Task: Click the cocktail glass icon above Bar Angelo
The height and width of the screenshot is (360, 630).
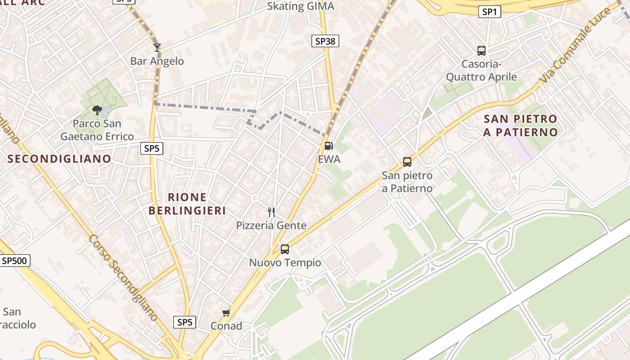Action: (157, 47)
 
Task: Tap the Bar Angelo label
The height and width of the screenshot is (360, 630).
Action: (157, 61)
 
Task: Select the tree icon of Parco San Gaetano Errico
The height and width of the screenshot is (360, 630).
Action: (97, 110)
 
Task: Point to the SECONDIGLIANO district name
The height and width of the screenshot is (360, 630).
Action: (59, 158)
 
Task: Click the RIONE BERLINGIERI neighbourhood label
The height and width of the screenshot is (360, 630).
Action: (187, 204)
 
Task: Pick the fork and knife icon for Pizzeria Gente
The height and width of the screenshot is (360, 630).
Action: (271, 212)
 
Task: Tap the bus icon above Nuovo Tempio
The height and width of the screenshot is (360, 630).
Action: (284, 249)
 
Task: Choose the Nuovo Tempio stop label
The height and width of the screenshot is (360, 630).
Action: (285, 263)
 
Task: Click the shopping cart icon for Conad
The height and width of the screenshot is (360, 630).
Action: (226, 313)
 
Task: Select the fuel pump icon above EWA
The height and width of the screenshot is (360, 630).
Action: (329, 145)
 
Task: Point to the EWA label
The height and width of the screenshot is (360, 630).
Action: (329, 159)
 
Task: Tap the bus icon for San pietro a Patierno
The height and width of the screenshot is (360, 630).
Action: (407, 162)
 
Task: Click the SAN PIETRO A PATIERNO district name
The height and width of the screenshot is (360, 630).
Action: (521, 126)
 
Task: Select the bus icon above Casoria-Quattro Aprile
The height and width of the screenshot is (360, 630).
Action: (481, 50)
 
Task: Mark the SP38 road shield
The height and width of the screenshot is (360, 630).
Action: (325, 41)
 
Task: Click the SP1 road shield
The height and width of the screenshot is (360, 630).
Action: (489, 12)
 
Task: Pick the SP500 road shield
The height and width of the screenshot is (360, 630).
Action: (14, 261)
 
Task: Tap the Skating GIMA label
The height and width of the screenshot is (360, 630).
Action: (301, 6)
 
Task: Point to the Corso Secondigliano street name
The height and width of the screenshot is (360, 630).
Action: (123, 278)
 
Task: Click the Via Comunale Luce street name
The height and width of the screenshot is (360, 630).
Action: (576, 45)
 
